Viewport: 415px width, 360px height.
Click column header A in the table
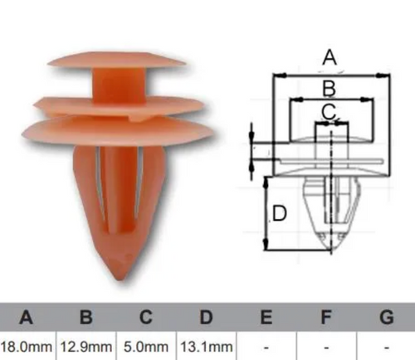(x=27, y=318)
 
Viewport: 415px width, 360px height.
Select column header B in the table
(x=85, y=318)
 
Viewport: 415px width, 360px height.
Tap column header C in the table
(x=146, y=318)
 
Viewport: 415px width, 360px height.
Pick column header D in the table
(x=206, y=318)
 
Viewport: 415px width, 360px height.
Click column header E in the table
(x=266, y=318)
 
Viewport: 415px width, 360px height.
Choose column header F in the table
(x=326, y=318)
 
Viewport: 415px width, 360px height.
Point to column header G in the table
(x=387, y=318)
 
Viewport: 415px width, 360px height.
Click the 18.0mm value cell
(x=27, y=347)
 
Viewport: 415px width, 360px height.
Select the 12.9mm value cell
(x=86, y=347)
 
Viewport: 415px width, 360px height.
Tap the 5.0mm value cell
(x=146, y=347)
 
